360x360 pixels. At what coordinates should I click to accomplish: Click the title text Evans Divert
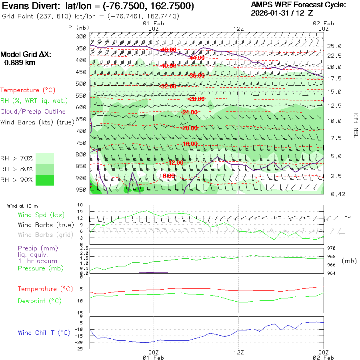click(x=26, y=6)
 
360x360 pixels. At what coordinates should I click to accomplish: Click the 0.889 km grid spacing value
click(x=20, y=62)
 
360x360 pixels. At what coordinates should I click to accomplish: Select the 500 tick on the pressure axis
click(x=81, y=84)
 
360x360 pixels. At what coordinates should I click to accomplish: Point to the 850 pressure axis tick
click(x=81, y=166)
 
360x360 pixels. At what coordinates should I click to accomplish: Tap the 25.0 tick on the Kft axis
click(x=334, y=46)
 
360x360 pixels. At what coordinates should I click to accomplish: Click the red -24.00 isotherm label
click(x=189, y=112)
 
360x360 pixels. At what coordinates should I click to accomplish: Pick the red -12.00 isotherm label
click(x=176, y=163)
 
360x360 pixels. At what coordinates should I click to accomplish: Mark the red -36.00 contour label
click(x=197, y=76)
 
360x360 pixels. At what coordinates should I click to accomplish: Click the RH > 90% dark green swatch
click(x=45, y=180)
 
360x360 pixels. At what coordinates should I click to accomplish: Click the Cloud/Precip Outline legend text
click(x=33, y=111)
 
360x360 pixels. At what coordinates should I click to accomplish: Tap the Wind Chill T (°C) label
click(x=44, y=332)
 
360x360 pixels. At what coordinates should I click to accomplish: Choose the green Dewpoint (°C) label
click(x=40, y=301)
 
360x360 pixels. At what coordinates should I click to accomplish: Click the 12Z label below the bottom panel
click(x=239, y=352)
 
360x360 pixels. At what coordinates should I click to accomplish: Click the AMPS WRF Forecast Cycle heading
click(x=298, y=5)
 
